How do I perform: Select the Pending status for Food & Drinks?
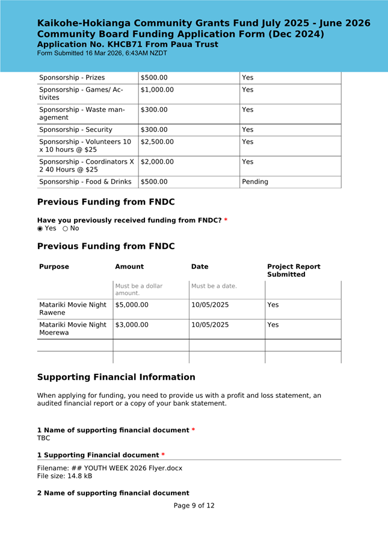pos(255,182)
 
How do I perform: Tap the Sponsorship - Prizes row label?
pos(72,78)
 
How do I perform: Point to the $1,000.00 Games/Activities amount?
pos(157,90)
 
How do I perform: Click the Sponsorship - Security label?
pos(75,129)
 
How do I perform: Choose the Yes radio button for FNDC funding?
pos(40,229)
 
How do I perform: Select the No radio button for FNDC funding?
pos(66,229)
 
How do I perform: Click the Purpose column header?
pos(54,267)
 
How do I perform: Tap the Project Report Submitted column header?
pos(294,270)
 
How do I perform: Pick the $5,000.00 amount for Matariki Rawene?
pos(132,305)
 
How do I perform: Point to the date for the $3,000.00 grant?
pos(210,325)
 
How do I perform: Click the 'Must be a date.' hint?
pos(214,286)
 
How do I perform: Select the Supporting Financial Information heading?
pos(116,377)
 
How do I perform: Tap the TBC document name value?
pos(44,438)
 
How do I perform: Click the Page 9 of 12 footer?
pos(194,506)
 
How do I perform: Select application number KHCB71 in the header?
pos(127,45)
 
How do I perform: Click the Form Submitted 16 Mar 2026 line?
pos(102,53)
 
